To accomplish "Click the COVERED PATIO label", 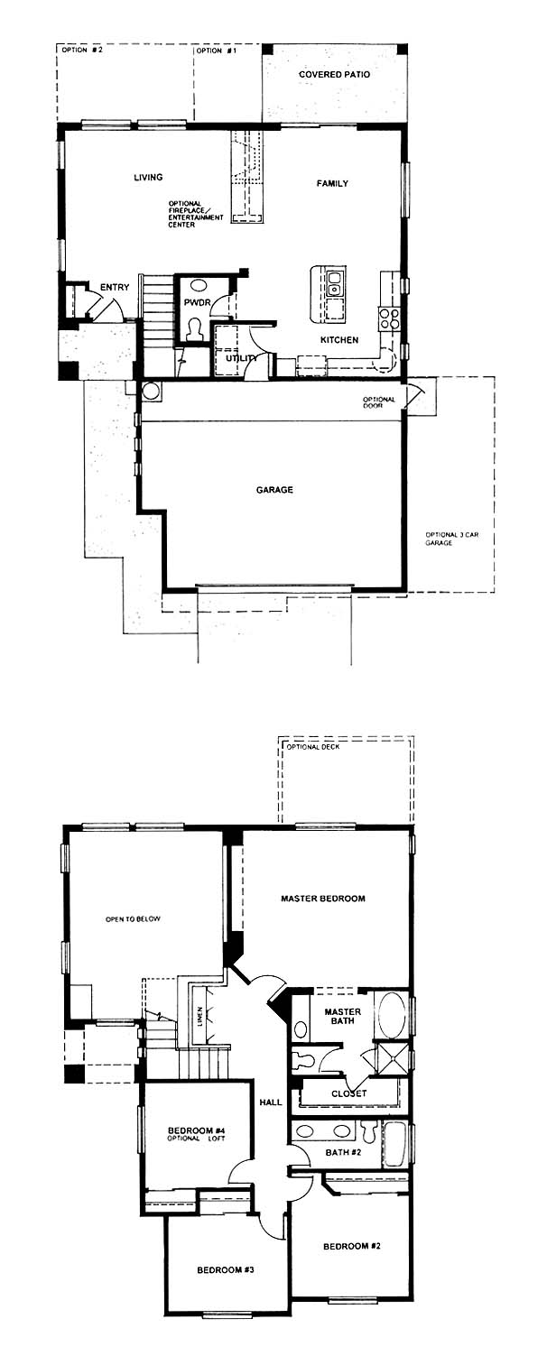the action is [334, 75].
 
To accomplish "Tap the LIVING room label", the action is [148, 178].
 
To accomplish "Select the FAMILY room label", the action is [332, 183].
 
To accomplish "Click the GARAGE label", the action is [274, 489].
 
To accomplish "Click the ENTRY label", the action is [115, 287].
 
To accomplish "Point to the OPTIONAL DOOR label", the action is [378, 402].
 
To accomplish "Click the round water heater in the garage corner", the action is [152, 391].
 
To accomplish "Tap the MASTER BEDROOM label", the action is [322, 899].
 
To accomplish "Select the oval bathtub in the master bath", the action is [392, 1015].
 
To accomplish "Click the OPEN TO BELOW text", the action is [133, 919].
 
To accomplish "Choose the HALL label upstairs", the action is [270, 1102].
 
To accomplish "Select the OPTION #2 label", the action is [82, 51].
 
